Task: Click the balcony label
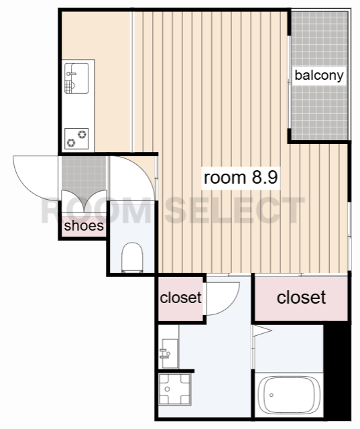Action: (x=319, y=76)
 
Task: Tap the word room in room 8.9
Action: (x=225, y=178)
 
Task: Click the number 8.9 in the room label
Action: (x=265, y=177)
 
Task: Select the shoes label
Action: (x=84, y=226)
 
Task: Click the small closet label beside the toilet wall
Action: (x=181, y=298)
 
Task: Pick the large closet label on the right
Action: (x=301, y=298)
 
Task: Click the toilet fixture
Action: (x=132, y=257)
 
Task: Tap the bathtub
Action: (x=289, y=395)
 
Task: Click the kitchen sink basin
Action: (x=76, y=78)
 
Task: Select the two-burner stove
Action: (x=76, y=139)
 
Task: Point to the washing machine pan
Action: (x=174, y=389)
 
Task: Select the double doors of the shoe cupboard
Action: (x=84, y=201)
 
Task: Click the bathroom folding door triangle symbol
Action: (x=262, y=330)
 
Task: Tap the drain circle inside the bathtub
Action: (x=272, y=395)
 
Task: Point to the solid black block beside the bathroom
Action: (x=337, y=371)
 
